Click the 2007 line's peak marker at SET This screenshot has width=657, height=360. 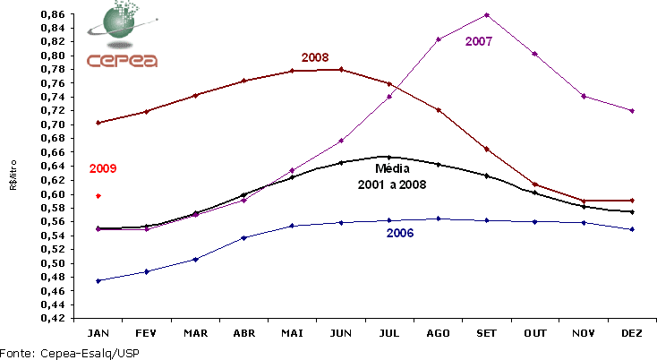[486, 14]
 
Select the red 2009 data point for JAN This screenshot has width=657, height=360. [98, 195]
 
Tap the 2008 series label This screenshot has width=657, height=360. [315, 57]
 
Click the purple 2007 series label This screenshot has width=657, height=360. [479, 41]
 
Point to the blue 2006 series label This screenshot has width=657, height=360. [400, 233]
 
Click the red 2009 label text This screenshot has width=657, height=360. [103, 168]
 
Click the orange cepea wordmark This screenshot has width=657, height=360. [123, 61]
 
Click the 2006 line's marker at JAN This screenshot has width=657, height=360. [98, 280]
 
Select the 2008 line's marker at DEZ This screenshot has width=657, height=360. [633, 201]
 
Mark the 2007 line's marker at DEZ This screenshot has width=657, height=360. [633, 110]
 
